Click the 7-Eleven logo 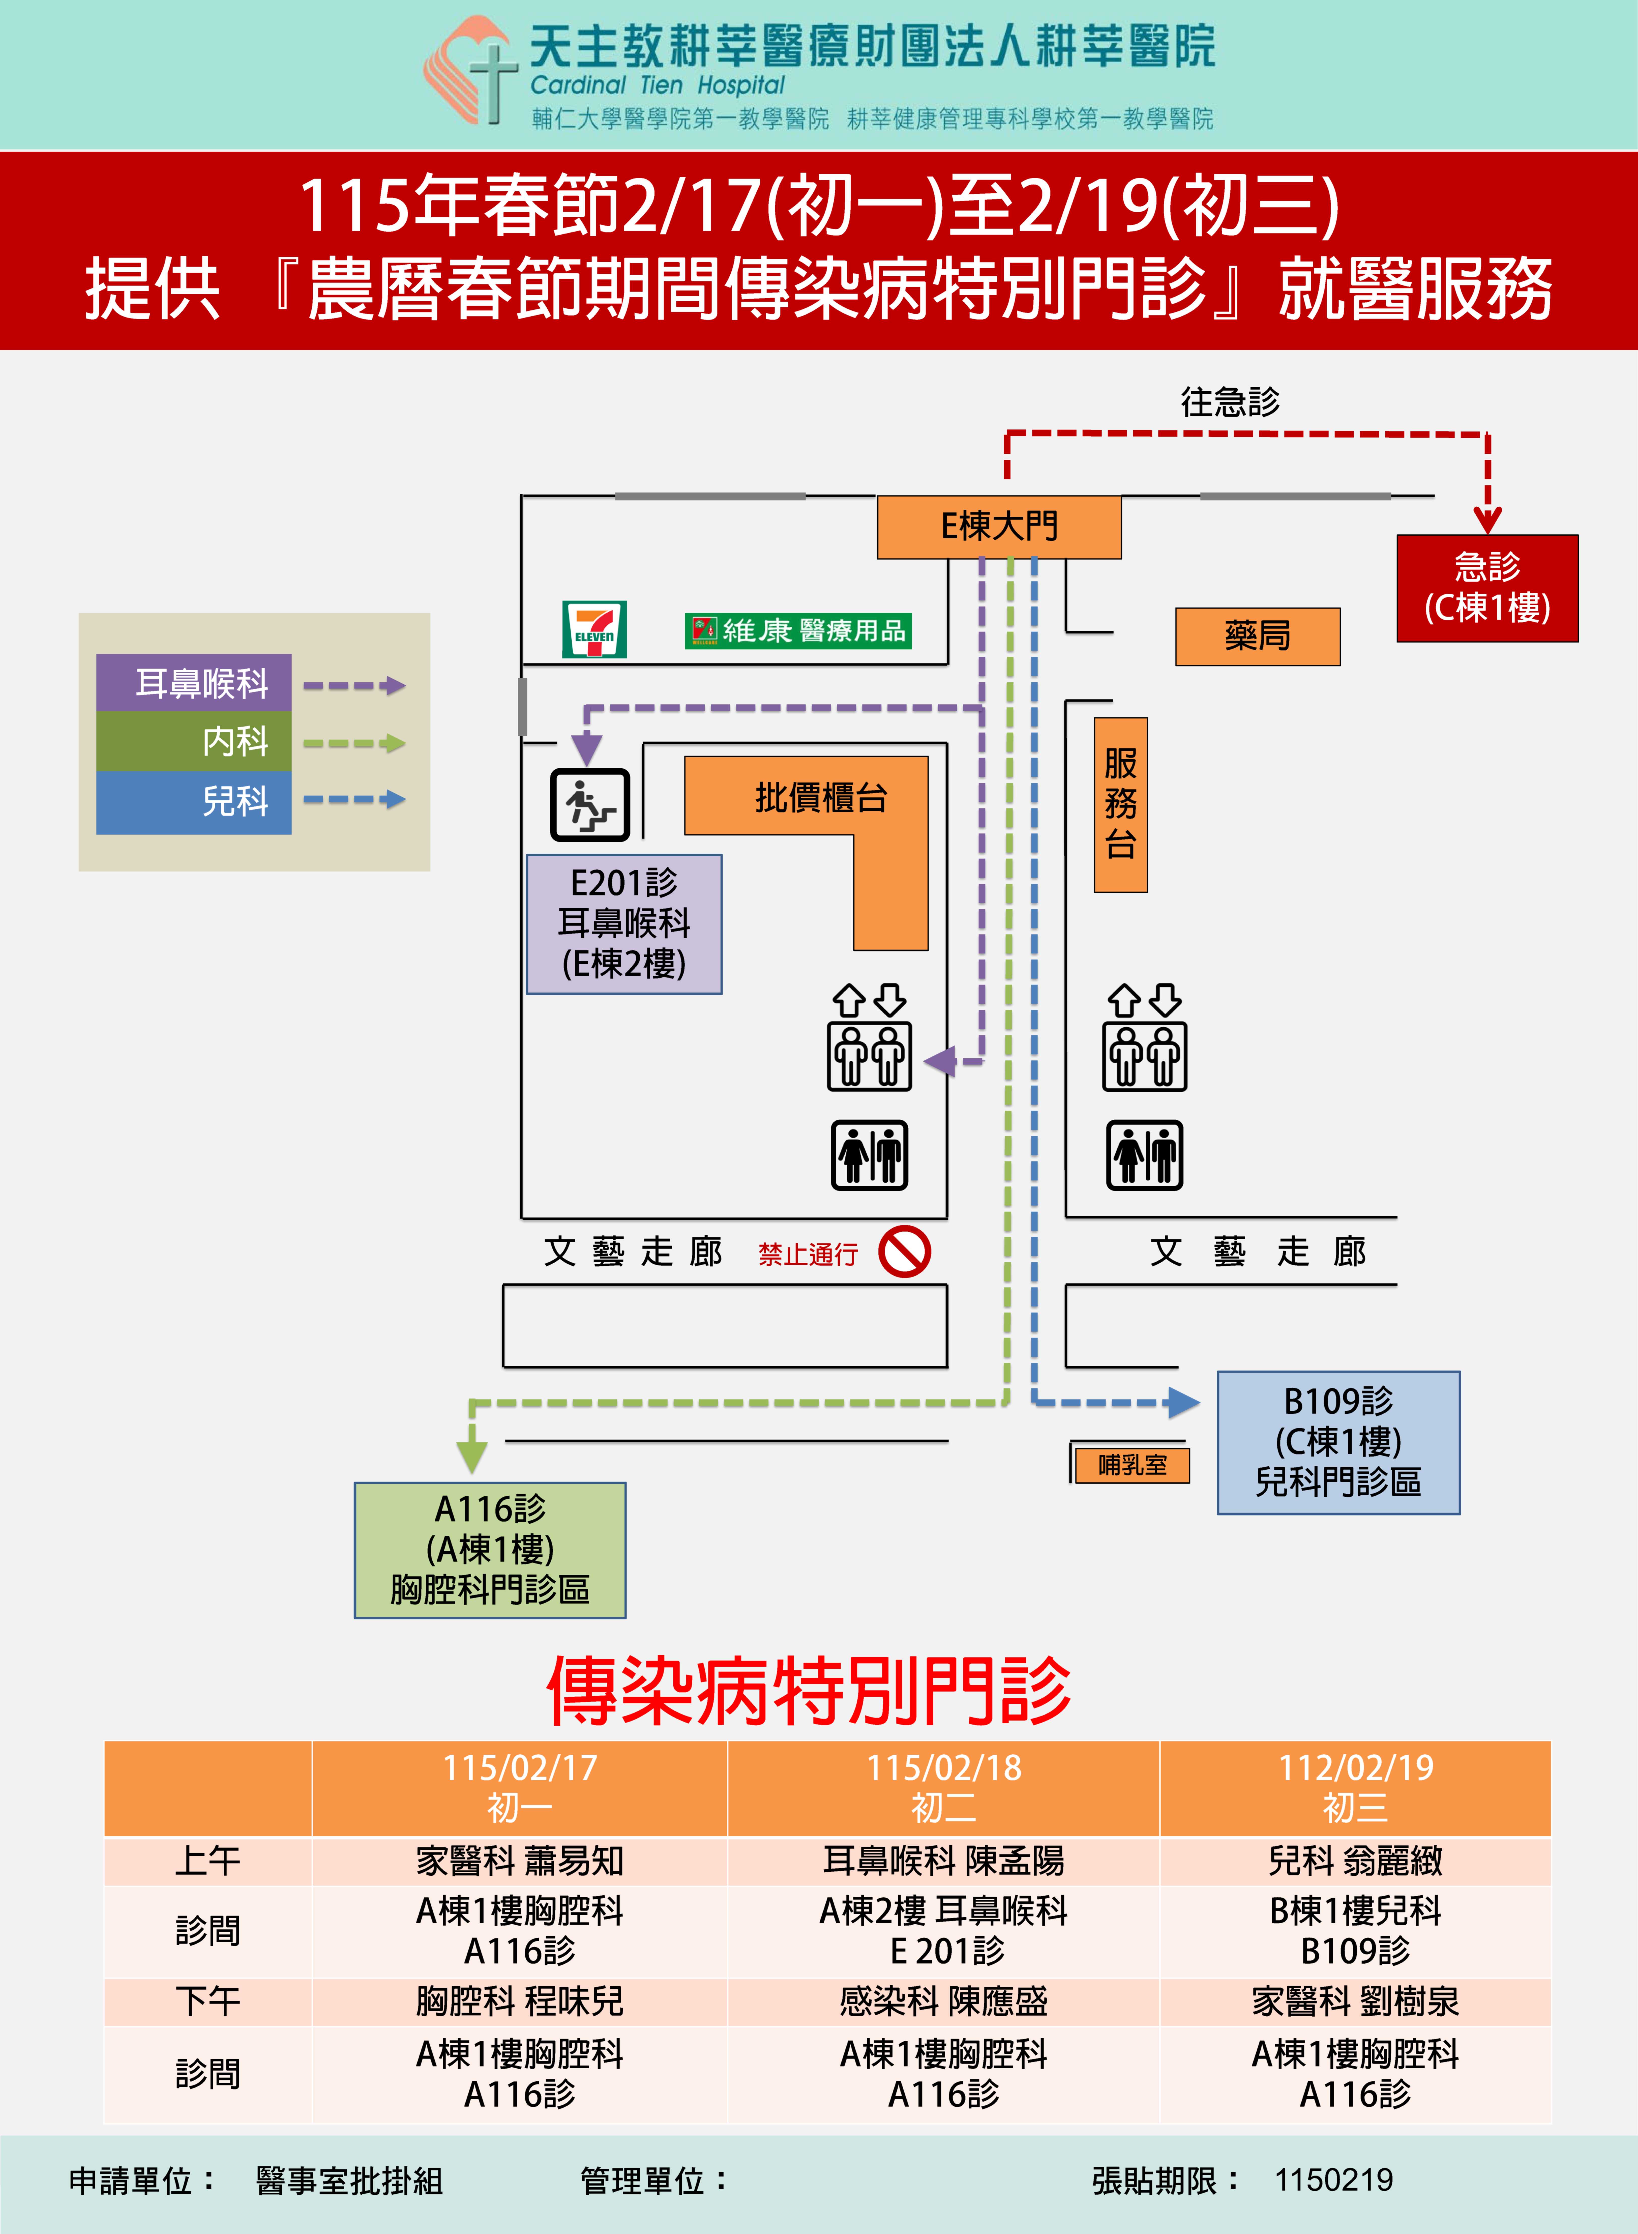(x=594, y=629)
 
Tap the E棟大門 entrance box (x=998, y=527)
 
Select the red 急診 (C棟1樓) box (x=1486, y=588)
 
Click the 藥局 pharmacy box (x=1256, y=635)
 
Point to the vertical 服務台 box (x=1120, y=804)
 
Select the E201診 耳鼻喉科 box (x=624, y=923)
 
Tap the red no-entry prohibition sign (x=904, y=1251)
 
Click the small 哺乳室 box (x=1131, y=1465)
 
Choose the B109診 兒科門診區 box (x=1337, y=1442)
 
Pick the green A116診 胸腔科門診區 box (x=490, y=1550)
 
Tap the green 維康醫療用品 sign (x=797, y=631)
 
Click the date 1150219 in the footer (x=1334, y=2181)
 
